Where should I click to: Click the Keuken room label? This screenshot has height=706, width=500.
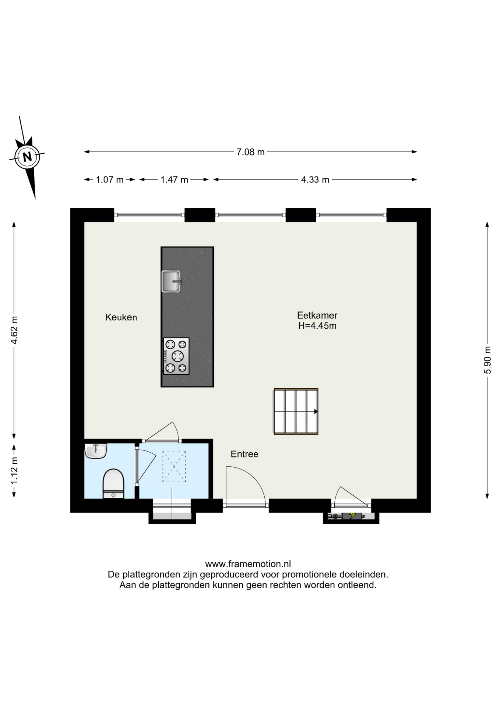pyautogui.click(x=121, y=317)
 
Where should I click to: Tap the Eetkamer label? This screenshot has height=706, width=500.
pyautogui.click(x=317, y=315)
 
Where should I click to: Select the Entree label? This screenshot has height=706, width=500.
pyautogui.click(x=244, y=454)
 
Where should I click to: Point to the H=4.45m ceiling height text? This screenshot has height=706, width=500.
pyautogui.click(x=317, y=325)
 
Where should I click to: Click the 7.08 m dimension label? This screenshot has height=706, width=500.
pyautogui.click(x=250, y=152)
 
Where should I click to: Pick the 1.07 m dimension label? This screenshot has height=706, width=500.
pyautogui.click(x=110, y=180)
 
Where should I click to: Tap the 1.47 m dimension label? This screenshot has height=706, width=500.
pyautogui.click(x=174, y=180)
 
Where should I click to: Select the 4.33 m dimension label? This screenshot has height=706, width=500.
pyautogui.click(x=315, y=180)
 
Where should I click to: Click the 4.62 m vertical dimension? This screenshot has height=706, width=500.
pyautogui.click(x=14, y=330)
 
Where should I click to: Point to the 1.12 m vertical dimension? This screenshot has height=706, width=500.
pyautogui.click(x=14, y=471)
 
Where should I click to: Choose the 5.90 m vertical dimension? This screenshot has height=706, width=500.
pyautogui.click(x=487, y=360)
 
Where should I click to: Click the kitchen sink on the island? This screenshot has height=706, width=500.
pyautogui.click(x=172, y=281)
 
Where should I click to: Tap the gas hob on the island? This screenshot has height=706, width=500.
pyautogui.click(x=176, y=356)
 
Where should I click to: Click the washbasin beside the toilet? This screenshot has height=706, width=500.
pyautogui.click(x=96, y=451)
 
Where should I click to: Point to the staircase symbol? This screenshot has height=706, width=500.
pyautogui.click(x=296, y=411)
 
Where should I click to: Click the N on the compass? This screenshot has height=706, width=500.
pyautogui.click(x=27, y=157)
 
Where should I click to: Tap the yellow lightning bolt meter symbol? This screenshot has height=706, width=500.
pyautogui.click(x=352, y=516)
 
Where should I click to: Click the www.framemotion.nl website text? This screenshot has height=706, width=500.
pyautogui.click(x=248, y=564)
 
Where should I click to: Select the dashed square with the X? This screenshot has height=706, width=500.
pyautogui.click(x=174, y=467)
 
